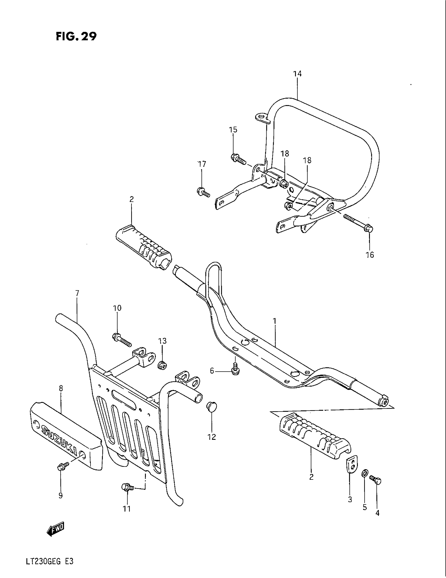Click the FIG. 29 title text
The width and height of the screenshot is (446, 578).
point(76,36)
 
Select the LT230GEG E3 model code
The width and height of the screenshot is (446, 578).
point(50,568)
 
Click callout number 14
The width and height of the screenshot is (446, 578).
point(297,74)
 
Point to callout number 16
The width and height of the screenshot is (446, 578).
point(370,255)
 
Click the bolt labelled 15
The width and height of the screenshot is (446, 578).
point(237,159)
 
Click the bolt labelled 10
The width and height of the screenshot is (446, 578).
point(122,339)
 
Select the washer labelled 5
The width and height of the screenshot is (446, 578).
point(364,472)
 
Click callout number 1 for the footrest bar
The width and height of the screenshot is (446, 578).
point(274,321)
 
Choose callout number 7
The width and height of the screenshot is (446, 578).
point(77,293)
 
